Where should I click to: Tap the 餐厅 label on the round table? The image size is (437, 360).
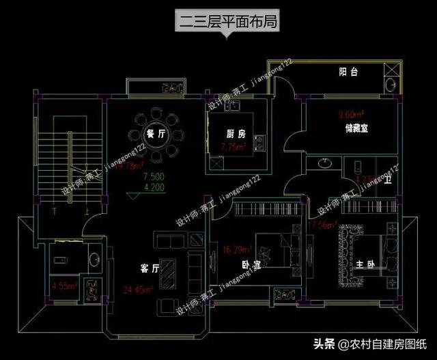point(156,135)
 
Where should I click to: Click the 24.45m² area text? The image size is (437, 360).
point(137,288)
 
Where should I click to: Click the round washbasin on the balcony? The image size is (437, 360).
point(389,86)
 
